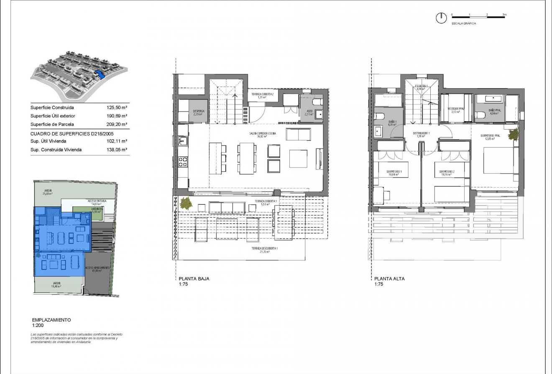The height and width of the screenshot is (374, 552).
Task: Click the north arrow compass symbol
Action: [440, 18]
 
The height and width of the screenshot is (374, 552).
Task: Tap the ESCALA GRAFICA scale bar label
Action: [463, 24]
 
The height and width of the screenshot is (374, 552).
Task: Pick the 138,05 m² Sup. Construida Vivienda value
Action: [117, 149]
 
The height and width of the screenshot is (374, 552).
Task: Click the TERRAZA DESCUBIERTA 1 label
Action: [265, 249]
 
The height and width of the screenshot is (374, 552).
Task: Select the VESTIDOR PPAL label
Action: [456, 110]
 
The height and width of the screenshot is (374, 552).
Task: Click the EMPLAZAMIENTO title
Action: [51, 320]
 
